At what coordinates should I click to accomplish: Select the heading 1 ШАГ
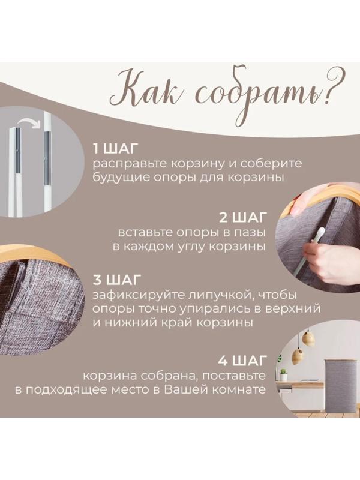point(115,149)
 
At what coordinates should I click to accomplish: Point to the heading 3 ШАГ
point(115,280)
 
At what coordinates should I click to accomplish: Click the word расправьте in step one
point(125,164)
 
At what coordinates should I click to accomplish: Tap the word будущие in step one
point(116,178)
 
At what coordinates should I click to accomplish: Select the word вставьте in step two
point(140,232)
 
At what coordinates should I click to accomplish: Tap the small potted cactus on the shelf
point(281,373)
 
